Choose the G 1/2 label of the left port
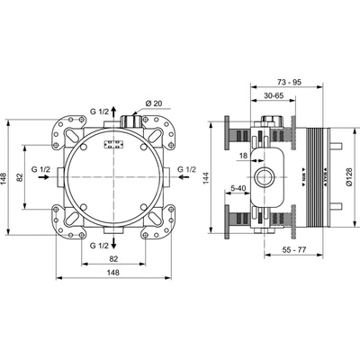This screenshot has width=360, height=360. (40, 169)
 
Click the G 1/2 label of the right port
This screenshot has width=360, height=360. (186, 169)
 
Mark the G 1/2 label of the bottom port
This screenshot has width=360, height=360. (102, 245)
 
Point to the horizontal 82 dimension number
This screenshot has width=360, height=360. (113, 258)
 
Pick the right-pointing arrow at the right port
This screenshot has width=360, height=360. (186, 178)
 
